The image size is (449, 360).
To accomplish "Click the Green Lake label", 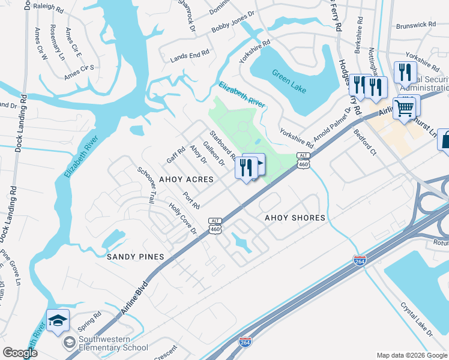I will tap(289, 82).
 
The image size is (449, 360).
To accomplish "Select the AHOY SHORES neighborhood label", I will tap(295, 218).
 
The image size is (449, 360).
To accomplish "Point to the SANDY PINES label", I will tap(135, 257).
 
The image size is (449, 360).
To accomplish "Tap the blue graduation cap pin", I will tap(58, 322).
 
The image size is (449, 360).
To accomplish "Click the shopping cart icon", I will tap(405, 108).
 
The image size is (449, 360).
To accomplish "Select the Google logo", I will tap(20, 353).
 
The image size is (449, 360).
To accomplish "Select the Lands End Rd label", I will tap(189, 55).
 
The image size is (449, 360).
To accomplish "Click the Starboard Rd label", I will tap(223, 146).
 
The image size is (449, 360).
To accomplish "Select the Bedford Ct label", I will tap(364, 143).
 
